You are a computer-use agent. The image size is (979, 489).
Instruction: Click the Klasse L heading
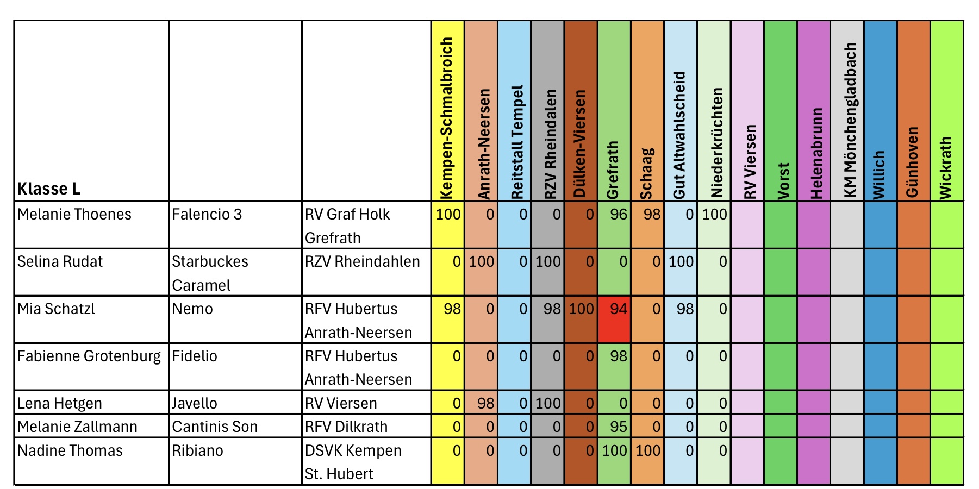49,189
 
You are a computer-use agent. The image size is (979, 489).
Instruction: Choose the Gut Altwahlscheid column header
679,135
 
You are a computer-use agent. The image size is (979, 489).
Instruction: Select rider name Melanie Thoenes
74,215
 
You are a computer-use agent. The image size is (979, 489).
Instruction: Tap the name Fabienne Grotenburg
89,356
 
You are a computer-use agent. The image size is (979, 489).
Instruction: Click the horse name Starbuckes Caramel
210,273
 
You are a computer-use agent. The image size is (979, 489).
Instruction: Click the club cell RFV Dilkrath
346,427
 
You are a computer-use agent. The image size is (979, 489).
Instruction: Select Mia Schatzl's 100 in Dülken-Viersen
581,309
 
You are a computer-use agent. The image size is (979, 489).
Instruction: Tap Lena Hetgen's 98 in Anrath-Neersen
485,403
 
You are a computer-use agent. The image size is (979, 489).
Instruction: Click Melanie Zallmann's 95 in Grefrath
618,427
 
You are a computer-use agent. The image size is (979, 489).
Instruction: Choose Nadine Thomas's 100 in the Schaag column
647,450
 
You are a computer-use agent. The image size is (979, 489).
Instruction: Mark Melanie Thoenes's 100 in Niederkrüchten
714,215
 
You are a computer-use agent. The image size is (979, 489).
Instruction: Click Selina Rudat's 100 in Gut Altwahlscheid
681,262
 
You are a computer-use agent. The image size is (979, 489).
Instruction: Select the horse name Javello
195,403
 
